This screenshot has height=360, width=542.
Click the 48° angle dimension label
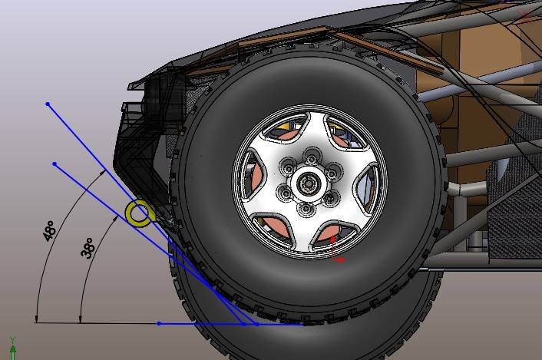coord(49,231)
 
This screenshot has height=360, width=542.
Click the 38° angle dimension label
coord(88,248)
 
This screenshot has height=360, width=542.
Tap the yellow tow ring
coord(140,213)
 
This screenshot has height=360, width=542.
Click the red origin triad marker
coord(336,249)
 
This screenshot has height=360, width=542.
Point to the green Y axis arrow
coord(13,349)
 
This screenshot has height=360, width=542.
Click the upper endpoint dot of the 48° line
coord(48,104)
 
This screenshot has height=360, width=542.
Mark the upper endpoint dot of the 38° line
coord(55,163)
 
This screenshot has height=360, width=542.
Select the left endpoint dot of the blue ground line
coord(159,323)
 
